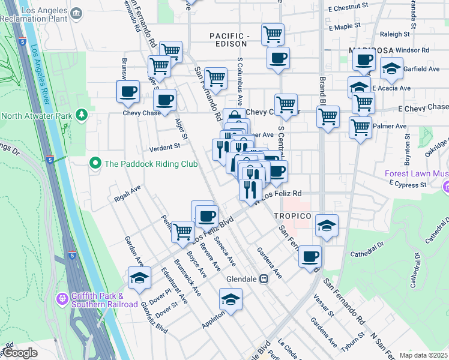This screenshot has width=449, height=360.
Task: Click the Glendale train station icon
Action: tap(264, 280)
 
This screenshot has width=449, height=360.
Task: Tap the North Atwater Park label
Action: tap(37, 115)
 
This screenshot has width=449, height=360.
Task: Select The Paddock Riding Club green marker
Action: tap(95, 163)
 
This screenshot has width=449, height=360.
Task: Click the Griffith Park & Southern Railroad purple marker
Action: tap(62, 299)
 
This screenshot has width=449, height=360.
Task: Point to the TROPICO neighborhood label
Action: tap(292, 216)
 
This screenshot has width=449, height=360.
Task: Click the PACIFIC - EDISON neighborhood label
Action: tap(229, 40)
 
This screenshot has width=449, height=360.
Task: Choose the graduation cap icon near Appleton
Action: tap(231, 298)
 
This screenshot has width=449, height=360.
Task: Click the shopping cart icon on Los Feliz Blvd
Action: tap(182, 230)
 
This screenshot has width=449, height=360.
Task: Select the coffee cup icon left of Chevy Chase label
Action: tap(128, 91)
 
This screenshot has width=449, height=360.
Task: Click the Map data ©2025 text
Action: tap(423, 355)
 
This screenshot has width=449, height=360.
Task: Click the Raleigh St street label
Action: tap(394, 35)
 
